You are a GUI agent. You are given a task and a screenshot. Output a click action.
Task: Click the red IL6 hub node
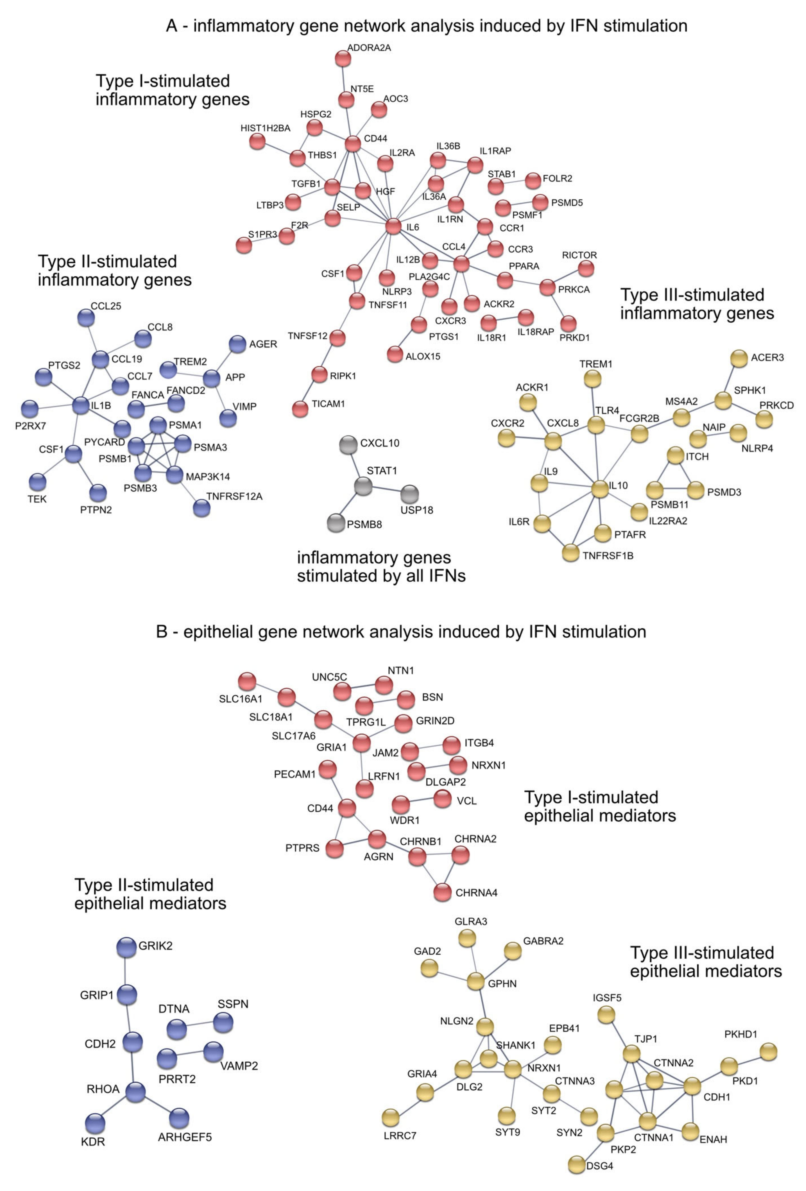point(393,226)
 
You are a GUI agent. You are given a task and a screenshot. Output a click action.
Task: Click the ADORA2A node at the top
point(343,59)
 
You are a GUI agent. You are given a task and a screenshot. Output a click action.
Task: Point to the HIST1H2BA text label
point(265,128)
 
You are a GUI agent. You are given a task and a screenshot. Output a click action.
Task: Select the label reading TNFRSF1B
point(608,556)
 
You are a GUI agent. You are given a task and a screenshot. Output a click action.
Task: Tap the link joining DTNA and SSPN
point(200,1026)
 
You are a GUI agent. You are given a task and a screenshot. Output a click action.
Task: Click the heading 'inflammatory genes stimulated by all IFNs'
point(381,567)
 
